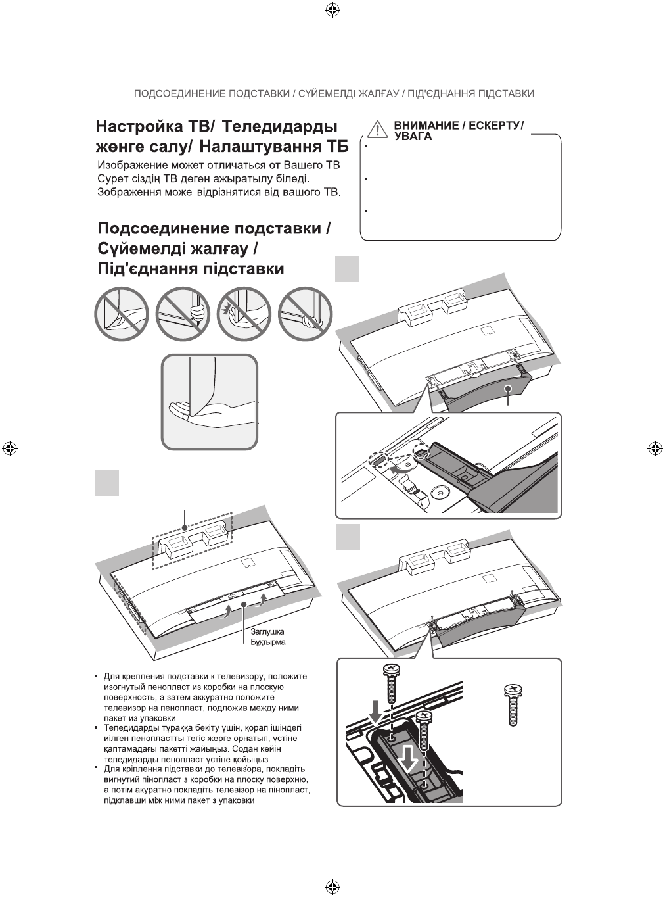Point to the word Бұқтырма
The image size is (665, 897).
pyautogui.click(x=268, y=642)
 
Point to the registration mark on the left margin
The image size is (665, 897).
pyautogui.click(x=9, y=448)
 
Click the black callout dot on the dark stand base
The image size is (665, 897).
pyautogui.click(x=509, y=389)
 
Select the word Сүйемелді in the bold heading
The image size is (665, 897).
pyautogui.click(x=150, y=249)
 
